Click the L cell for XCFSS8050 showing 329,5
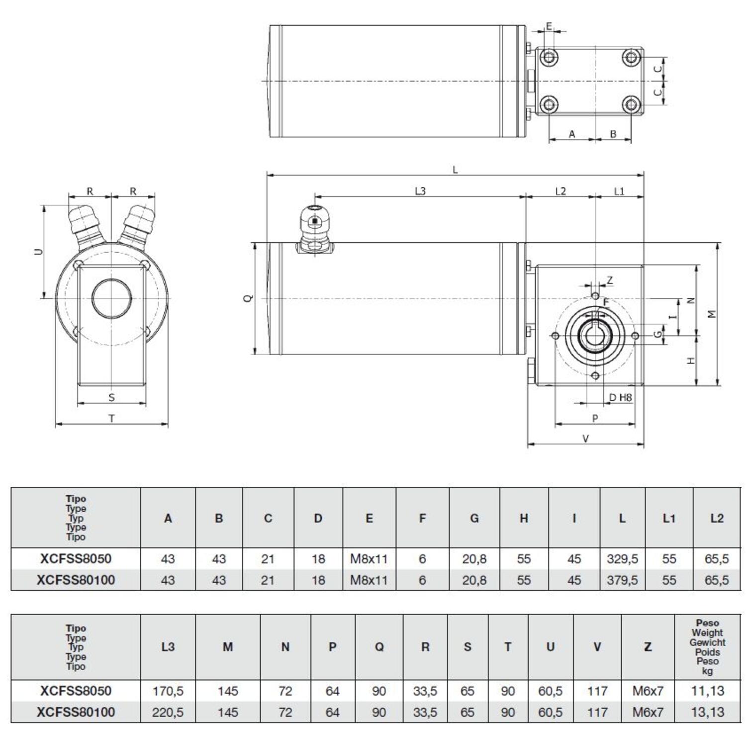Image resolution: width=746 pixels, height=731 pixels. (622, 559)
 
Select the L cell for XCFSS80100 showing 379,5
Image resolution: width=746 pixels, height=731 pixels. (622, 580)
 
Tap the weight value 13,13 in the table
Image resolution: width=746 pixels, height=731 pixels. (707, 712)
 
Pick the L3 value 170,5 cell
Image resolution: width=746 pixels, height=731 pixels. (168, 691)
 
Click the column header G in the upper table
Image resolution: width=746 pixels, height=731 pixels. (474, 518)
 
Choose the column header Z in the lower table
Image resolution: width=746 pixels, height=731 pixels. (648, 647)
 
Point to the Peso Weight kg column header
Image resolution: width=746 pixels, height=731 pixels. (707, 647)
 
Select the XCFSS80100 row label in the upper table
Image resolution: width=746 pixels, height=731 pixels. (76, 580)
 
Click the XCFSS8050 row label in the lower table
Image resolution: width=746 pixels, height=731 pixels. (76, 691)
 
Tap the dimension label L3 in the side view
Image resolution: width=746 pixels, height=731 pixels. (420, 191)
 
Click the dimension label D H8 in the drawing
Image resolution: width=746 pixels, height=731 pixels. (620, 397)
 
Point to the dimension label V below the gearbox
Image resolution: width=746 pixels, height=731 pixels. (585, 439)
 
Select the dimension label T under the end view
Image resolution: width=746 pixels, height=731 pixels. (111, 419)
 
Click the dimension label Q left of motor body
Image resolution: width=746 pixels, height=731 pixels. (249, 298)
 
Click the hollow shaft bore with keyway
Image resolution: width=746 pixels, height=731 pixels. (595, 336)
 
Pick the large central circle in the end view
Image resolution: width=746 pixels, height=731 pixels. (112, 299)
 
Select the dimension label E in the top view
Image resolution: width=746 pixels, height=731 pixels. (549, 26)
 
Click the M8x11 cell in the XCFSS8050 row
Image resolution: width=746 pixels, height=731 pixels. (369, 559)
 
